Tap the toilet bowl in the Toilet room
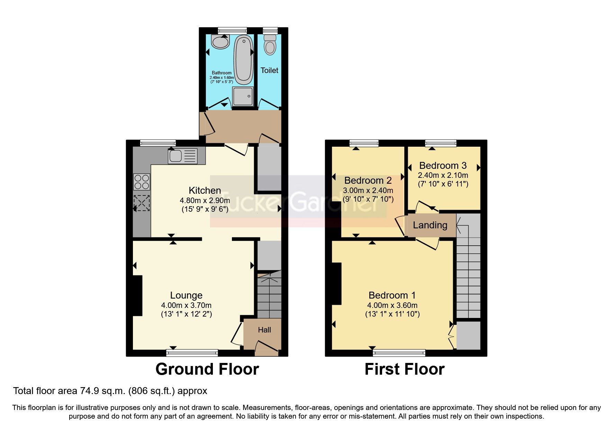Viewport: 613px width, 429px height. pyautogui.click(x=270, y=47)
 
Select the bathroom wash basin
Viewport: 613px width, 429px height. pyautogui.click(x=220, y=42)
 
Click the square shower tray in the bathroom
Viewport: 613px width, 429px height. pyautogui.click(x=243, y=96)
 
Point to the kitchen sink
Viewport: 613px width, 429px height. pyautogui.click(x=182, y=156)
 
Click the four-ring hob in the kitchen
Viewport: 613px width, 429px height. pyautogui.click(x=142, y=182)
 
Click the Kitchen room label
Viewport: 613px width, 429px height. pyautogui.click(x=205, y=190)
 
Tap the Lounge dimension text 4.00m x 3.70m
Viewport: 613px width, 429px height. pyautogui.click(x=186, y=305)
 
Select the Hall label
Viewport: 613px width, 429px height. pyautogui.click(x=264, y=330)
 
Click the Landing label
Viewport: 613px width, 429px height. pyautogui.click(x=430, y=225)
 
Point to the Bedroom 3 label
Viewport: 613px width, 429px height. pyautogui.click(x=443, y=166)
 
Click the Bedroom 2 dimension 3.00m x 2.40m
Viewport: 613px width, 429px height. pyautogui.click(x=368, y=190)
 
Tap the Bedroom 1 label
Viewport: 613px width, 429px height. pyautogui.click(x=392, y=295)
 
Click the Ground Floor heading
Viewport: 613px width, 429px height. pyautogui.click(x=207, y=369)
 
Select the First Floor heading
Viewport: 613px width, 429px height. pyautogui.click(x=404, y=369)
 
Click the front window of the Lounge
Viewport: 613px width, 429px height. pyautogui.click(x=192, y=353)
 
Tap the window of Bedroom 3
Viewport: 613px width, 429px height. pyautogui.click(x=441, y=143)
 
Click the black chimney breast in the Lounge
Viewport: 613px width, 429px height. pyautogui.click(x=137, y=295)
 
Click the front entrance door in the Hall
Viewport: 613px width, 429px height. pyautogui.click(x=267, y=348)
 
